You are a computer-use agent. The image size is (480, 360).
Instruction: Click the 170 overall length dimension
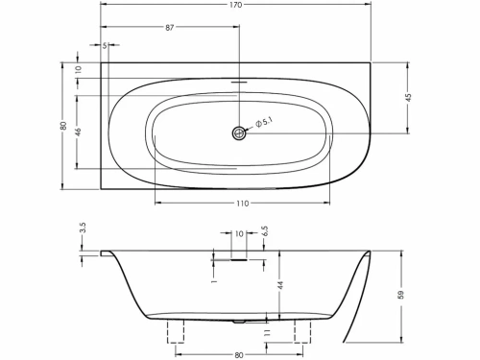[x=236, y=5]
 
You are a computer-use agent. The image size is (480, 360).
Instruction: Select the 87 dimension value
[x=170, y=27]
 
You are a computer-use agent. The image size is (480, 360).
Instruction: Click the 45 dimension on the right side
[x=408, y=98]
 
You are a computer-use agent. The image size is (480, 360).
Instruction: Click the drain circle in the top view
[x=238, y=134]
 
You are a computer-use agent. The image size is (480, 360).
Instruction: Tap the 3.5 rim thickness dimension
[x=84, y=230]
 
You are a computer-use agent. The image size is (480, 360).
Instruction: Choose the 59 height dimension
[x=401, y=295]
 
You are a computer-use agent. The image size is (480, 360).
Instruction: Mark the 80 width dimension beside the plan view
[x=63, y=126]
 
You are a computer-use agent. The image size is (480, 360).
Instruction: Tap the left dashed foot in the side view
[x=178, y=331]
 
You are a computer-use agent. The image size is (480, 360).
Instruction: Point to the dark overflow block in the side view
[x=235, y=257]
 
